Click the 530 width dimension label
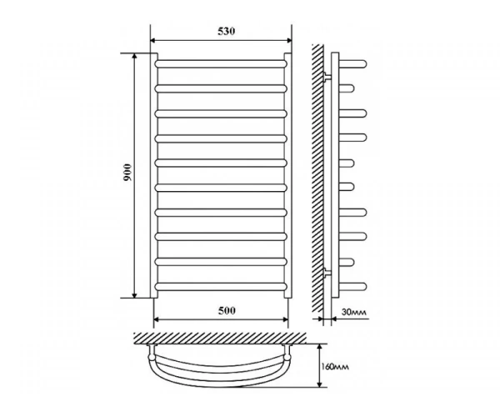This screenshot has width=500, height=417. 227,31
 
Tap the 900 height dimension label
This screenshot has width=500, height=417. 127,173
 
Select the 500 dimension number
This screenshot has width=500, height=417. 227,310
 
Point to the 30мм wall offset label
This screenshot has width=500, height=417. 353,312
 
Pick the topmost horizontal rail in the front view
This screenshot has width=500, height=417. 221,64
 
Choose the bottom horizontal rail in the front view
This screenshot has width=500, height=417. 221,287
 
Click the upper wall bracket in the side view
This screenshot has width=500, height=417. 327,77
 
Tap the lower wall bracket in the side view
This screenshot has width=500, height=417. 327,272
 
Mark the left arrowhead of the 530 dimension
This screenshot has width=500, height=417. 152,41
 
